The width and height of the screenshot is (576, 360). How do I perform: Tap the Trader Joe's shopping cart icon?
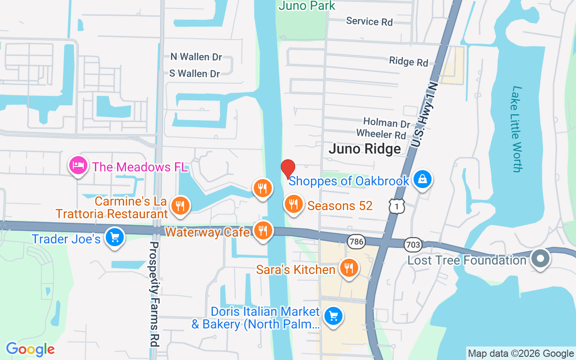[x=114, y=237]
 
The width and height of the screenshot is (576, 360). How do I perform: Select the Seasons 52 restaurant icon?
[x=293, y=204]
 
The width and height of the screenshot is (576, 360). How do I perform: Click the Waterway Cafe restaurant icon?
[x=263, y=230]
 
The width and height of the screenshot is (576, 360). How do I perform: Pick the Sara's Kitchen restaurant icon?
[x=348, y=268]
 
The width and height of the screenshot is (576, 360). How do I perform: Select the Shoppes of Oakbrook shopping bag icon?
[x=422, y=180]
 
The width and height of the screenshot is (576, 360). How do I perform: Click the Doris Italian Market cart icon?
[x=333, y=316]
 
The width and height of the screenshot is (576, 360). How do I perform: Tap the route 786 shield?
[x=356, y=242]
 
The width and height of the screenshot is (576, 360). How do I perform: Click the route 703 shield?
[x=413, y=245]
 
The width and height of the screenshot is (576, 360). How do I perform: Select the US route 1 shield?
[x=397, y=206]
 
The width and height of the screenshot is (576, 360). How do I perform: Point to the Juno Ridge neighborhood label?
[x=364, y=149]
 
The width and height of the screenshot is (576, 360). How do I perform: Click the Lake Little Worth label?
[x=517, y=129]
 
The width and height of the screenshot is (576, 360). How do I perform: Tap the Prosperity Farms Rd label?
[x=154, y=293]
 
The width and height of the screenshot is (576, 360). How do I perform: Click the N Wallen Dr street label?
[x=196, y=57]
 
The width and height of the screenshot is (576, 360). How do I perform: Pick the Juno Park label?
[x=307, y=6]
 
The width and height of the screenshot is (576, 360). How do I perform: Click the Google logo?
[x=30, y=349]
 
